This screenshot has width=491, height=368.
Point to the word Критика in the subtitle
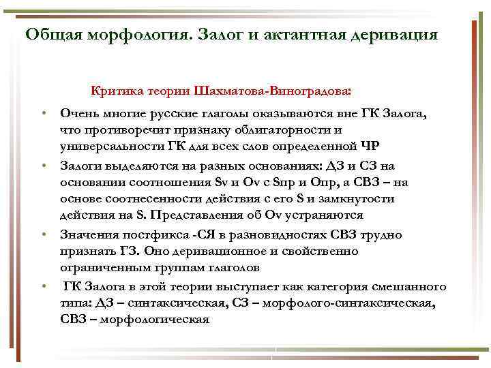coord(114,90)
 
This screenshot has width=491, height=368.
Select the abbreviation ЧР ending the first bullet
coord(369,146)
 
